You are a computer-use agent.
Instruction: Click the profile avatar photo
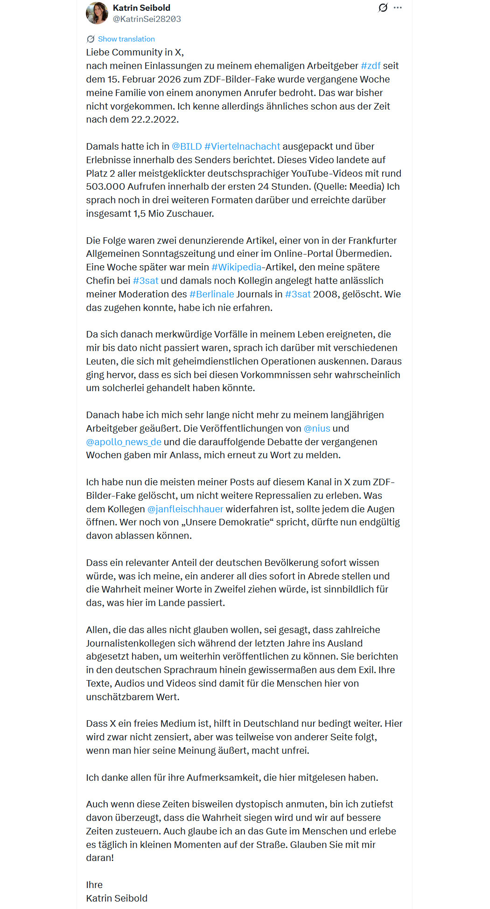tap(97, 13)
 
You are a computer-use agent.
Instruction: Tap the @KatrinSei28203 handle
tap(147, 19)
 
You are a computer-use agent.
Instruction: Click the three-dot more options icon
tap(398, 8)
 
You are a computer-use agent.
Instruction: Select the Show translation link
tap(126, 39)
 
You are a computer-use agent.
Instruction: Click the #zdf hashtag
tap(371, 66)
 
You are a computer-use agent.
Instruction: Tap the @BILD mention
tap(187, 146)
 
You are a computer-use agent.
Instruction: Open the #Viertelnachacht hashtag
tap(242, 146)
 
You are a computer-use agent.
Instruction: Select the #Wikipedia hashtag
tap(236, 267)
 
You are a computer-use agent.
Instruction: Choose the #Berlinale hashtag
tap(211, 294)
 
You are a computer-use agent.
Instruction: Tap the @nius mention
tap(317, 428)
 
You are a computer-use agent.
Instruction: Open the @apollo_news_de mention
tap(124, 442)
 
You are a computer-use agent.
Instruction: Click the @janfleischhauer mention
tap(185, 509)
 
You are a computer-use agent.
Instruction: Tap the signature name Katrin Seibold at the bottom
tap(117, 898)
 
